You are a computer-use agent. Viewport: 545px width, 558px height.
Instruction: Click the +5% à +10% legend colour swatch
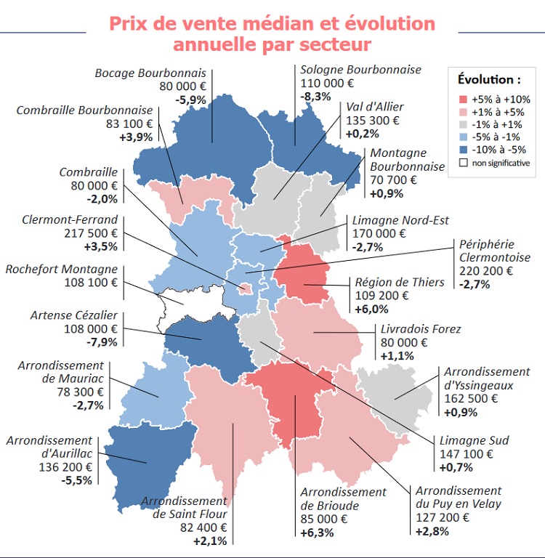(x=463, y=99)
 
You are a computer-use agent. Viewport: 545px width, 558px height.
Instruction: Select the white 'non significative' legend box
(x=463, y=163)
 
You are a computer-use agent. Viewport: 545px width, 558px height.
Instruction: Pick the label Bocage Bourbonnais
(x=150, y=73)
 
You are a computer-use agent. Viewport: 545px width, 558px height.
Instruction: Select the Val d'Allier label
(x=375, y=107)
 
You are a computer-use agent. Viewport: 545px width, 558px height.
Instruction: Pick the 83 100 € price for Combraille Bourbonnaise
(x=129, y=124)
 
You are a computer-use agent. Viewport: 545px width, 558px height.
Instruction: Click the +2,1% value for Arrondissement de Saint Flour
(x=210, y=541)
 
